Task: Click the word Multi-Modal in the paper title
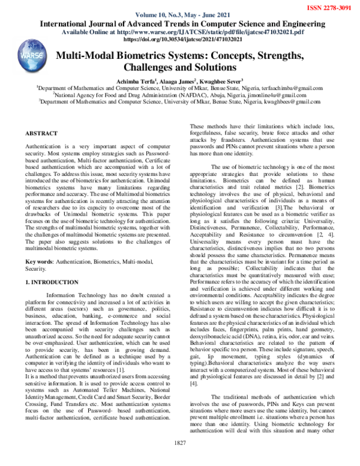point(88,55)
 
